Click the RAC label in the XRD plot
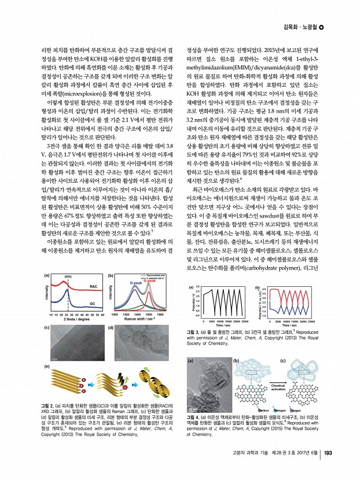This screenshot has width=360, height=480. [93, 287]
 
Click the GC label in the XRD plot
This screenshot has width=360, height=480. [93, 303]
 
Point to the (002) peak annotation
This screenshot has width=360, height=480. [67, 277]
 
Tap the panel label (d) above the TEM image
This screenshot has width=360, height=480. [111, 328]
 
